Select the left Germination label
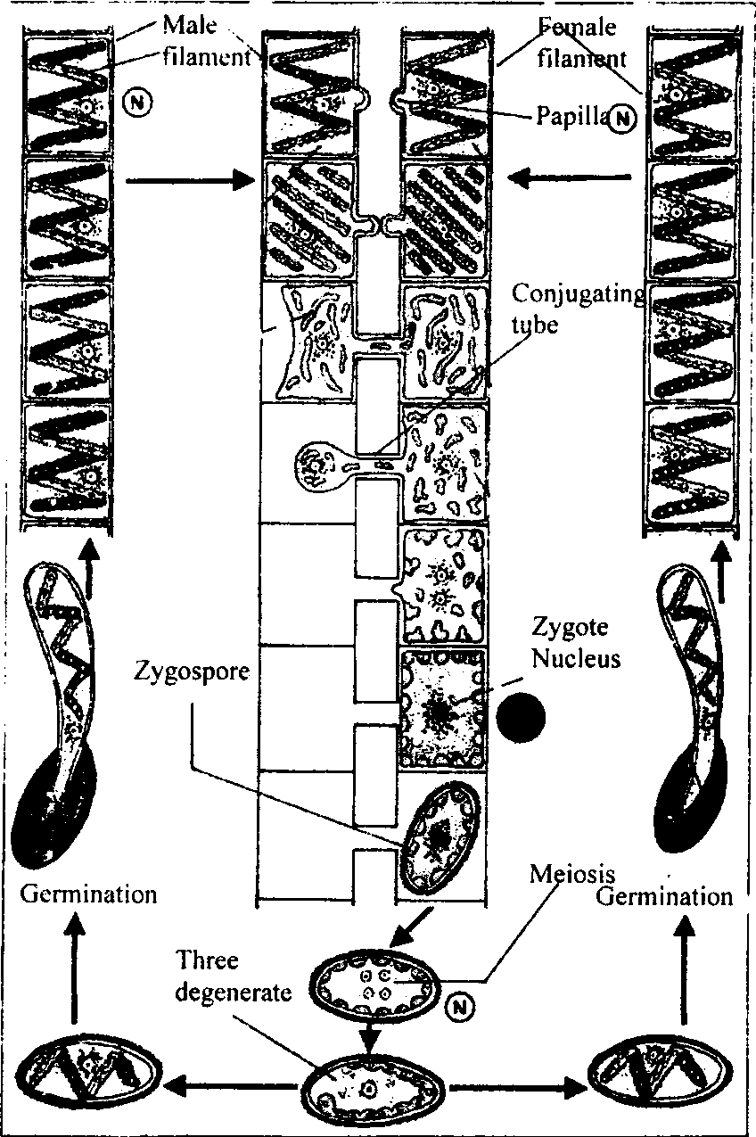[88, 894]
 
